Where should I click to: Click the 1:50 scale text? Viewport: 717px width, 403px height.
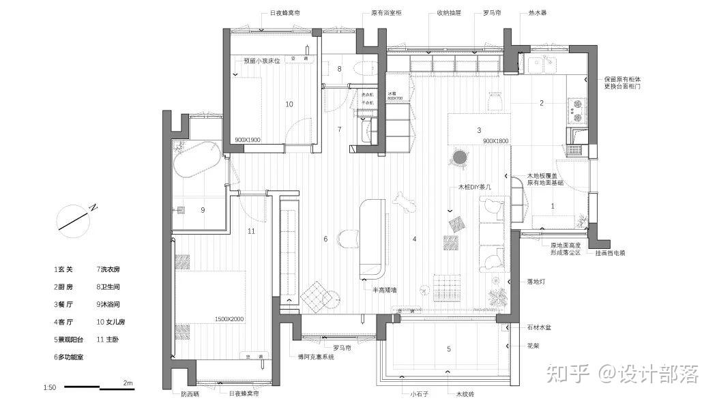(49, 387)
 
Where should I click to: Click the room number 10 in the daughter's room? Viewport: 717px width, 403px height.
(289, 104)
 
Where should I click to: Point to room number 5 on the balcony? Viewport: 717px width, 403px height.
(448, 349)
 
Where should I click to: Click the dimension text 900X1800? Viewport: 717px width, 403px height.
(496, 140)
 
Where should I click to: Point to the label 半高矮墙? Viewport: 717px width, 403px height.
(385, 289)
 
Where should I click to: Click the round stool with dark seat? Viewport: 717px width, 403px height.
(460, 158)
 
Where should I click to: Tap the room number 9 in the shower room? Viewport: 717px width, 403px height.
(203, 210)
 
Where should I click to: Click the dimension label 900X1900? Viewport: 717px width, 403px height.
(248, 139)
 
